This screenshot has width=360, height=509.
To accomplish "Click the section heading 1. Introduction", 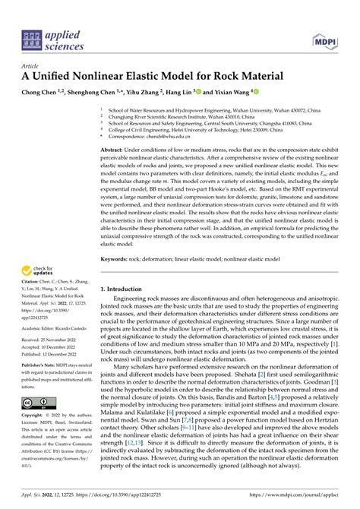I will point(127,290).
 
